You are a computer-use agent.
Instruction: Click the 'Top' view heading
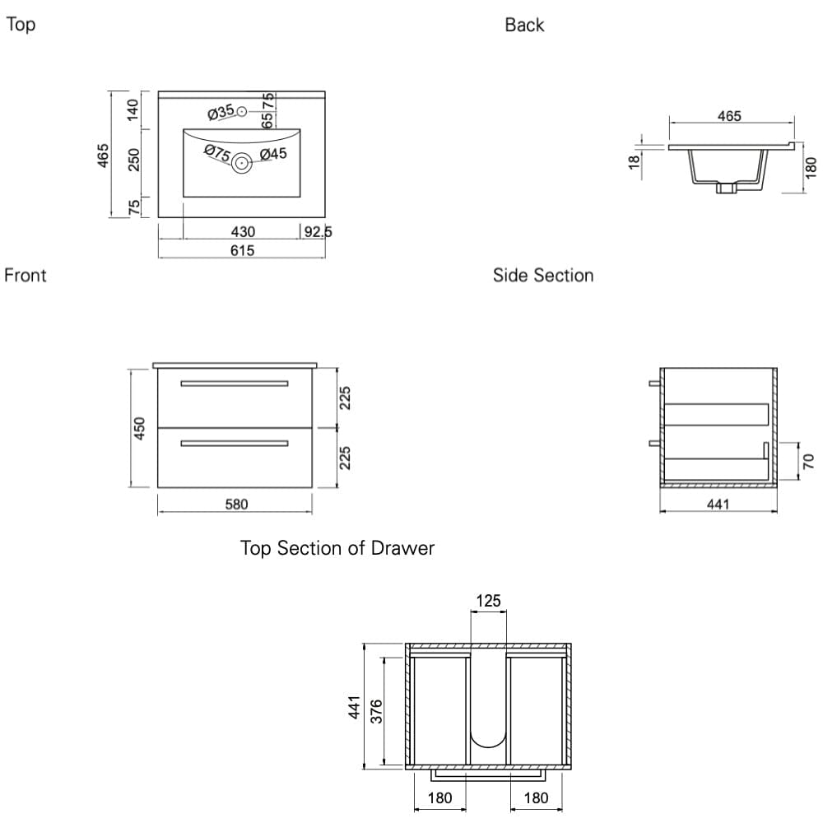21,25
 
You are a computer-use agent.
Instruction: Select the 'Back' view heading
524,26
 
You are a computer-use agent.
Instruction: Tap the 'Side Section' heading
543,275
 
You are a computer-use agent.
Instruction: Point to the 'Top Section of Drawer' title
337,548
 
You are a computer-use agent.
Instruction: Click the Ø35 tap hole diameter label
221,111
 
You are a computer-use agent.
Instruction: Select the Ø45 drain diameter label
272,154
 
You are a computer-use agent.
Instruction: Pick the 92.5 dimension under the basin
318,232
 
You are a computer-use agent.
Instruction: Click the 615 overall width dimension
243,250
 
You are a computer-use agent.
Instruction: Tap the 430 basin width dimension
243,232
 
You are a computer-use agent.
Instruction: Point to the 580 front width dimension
237,504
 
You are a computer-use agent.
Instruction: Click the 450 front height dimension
140,428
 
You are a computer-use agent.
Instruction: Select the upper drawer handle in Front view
235,384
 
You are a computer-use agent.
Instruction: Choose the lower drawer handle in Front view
235,444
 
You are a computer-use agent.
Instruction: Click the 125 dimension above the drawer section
488,602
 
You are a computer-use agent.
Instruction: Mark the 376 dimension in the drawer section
376,711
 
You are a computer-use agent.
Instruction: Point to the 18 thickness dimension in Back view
634,161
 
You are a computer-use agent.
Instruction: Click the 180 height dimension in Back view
810,168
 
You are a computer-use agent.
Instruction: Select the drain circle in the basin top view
241,162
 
